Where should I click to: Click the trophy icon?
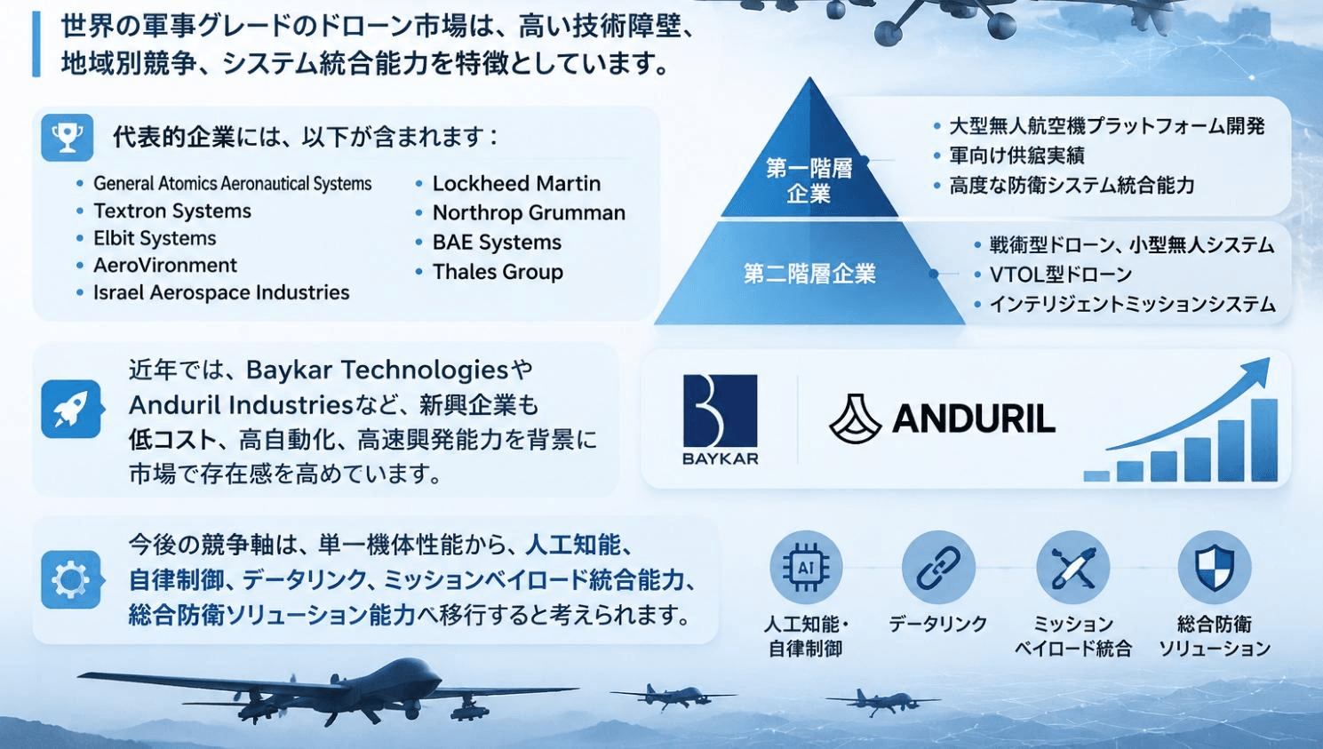[68, 138]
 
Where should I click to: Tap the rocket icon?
[71, 409]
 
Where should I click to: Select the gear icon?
[71, 579]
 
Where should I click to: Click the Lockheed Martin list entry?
[516, 184]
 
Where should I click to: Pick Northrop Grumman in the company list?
[529, 212]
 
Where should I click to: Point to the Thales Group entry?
[498, 272]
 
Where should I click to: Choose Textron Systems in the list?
[171, 211]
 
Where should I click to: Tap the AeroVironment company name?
[164, 266]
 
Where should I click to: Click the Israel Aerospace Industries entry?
[221, 292]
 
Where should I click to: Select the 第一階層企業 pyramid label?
[809, 180]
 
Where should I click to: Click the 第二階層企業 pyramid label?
[809, 274]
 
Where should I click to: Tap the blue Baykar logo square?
[720, 410]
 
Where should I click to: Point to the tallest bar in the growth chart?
[1264, 440]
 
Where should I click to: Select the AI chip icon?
[806, 568]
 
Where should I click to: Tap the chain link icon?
[938, 568]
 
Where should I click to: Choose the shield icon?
[1215, 568]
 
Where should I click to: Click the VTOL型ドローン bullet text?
[1060, 275]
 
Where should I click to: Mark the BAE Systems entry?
[497, 243]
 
